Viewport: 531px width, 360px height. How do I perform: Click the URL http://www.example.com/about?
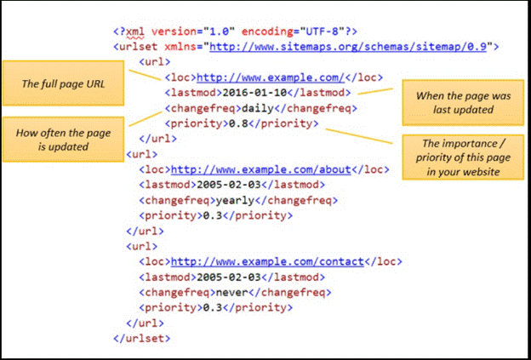point(260,169)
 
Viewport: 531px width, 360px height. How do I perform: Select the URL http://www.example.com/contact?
point(266,262)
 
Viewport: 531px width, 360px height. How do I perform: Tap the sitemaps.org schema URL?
point(349,48)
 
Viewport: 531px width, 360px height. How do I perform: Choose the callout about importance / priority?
point(456,156)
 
